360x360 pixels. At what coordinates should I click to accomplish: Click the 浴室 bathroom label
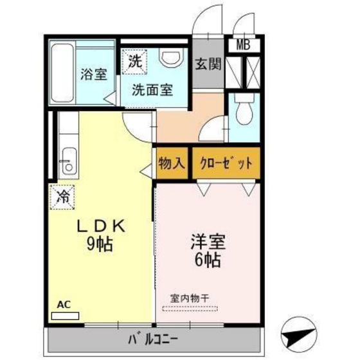point(93,74)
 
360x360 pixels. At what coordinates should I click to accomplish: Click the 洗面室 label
point(152,91)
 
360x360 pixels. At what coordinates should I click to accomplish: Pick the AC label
point(64,305)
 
